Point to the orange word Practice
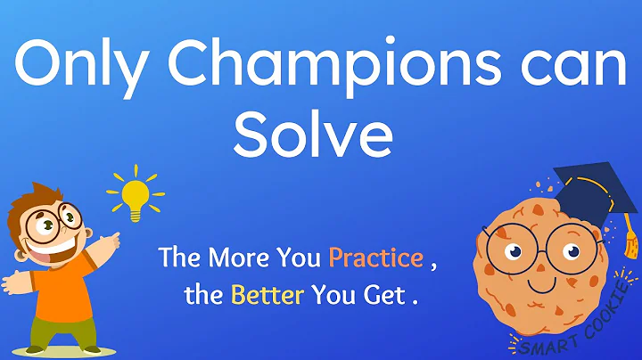[x=375, y=258]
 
